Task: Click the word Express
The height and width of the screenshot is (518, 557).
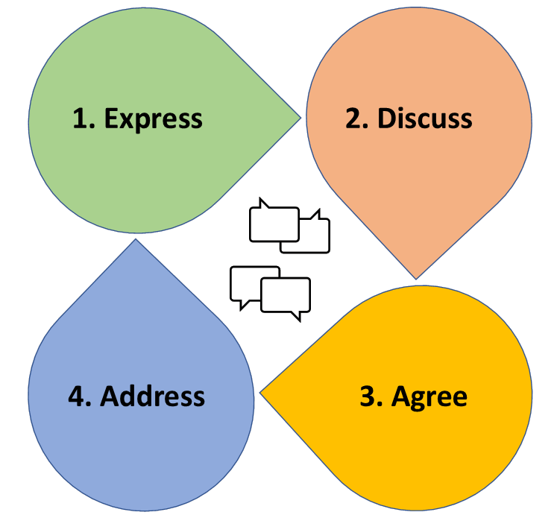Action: tap(153, 119)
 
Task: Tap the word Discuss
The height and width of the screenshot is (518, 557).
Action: tap(424, 119)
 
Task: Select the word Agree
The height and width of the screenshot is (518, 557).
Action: tap(429, 396)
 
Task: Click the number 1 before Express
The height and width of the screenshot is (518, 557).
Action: tap(80, 119)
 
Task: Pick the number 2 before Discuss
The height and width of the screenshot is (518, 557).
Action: tap(353, 119)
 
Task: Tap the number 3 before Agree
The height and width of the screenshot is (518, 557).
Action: tap(368, 396)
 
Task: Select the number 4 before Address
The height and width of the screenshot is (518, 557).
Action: tap(76, 396)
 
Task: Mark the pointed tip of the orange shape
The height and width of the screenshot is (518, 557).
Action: tap(416, 277)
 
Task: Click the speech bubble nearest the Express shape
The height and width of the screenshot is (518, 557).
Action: tap(273, 222)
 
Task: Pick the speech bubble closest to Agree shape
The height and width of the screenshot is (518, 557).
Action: tap(286, 296)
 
